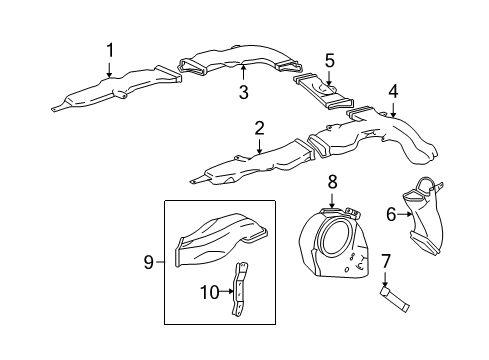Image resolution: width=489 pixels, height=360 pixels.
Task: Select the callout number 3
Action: [242, 93]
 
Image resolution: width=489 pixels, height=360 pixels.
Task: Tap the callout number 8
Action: [333, 183]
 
